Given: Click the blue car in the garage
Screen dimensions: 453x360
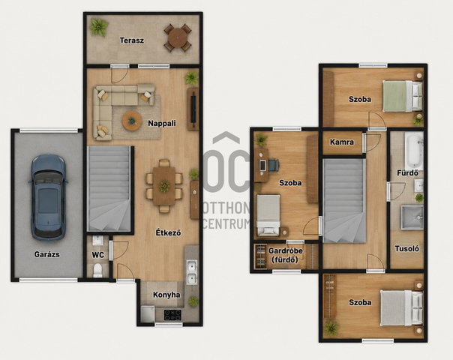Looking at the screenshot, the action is tap(48, 197).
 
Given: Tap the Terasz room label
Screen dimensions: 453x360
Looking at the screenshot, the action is tap(132, 40).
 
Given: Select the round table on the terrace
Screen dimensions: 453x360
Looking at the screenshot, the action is tap(178, 37).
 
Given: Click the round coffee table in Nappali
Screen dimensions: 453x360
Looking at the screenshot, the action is tap(132, 121).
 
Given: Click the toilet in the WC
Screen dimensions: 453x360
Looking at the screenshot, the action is tap(97, 270).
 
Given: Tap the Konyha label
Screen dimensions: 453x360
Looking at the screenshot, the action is tap(166, 295).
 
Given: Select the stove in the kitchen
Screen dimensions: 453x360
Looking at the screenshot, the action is tap(172, 315).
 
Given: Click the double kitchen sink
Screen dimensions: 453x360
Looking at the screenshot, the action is tap(191, 272).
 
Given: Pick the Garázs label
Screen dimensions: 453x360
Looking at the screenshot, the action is tap(46, 254).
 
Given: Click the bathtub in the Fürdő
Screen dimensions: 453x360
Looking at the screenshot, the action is tap(414, 151).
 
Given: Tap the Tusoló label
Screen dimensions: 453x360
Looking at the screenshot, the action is tap(406, 248).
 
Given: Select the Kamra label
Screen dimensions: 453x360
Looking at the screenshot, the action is tap(342, 142).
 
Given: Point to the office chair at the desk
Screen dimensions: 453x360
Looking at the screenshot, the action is tap(274, 165).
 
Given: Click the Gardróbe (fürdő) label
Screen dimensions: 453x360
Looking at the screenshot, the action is tap(286, 255).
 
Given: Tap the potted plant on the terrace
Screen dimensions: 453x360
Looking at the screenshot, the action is tap(99, 28).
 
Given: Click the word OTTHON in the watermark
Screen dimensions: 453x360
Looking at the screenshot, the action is tap(226, 208).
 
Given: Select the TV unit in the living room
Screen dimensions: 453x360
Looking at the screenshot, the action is tap(193, 109).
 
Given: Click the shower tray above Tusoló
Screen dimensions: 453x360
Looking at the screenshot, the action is tap(412, 217).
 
